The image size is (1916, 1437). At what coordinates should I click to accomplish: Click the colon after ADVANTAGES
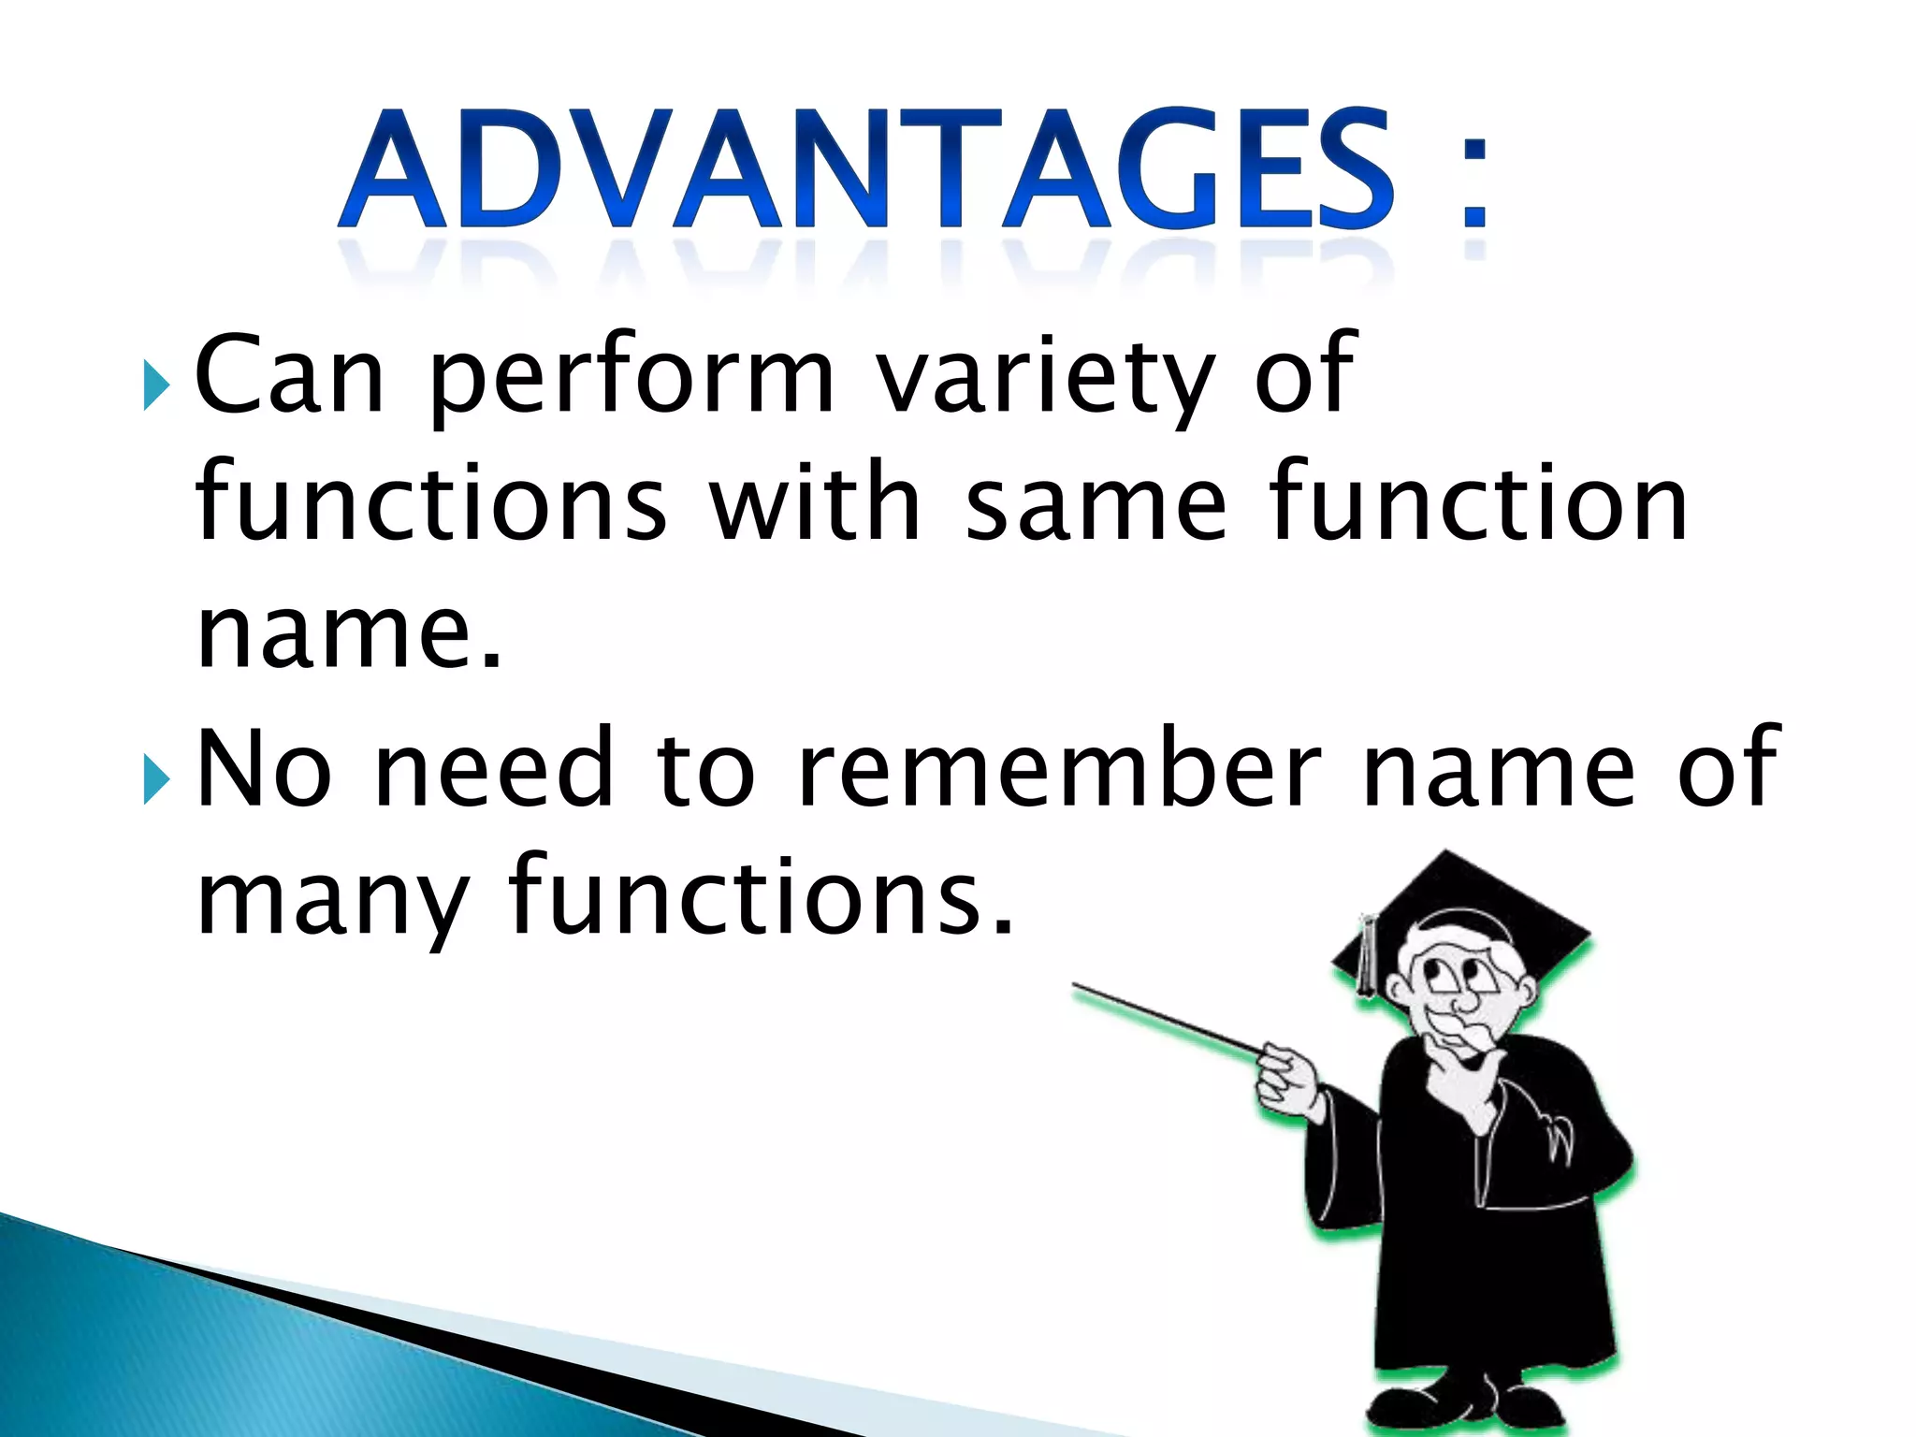[x=1474, y=182]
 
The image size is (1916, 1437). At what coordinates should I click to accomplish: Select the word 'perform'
[x=630, y=380]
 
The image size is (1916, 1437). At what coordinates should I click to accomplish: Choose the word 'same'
[x=1095, y=506]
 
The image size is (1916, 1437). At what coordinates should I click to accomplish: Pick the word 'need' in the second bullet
[x=493, y=768]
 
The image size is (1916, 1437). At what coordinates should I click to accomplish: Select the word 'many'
[x=332, y=900]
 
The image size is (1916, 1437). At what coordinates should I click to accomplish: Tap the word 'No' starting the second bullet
[x=265, y=768]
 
